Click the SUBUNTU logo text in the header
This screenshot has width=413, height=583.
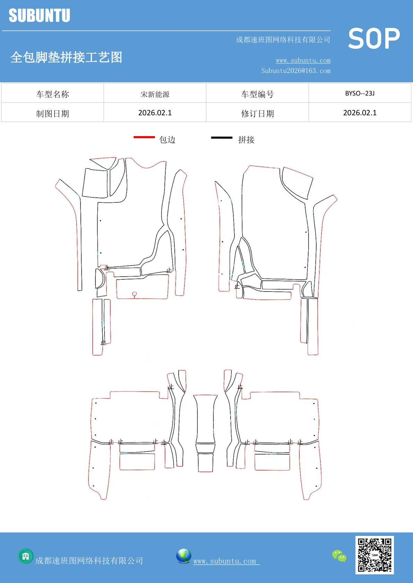pyautogui.click(x=40, y=15)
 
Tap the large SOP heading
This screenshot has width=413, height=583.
pyautogui.click(x=374, y=38)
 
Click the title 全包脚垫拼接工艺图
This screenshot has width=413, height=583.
pyautogui.click(x=66, y=57)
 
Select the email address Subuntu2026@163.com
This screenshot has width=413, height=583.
pyautogui.click(x=296, y=71)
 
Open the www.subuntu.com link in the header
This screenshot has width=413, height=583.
pyautogui.click(x=303, y=61)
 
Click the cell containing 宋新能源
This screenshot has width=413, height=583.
pyautogui.click(x=155, y=93)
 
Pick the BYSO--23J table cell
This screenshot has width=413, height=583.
pyautogui.click(x=360, y=93)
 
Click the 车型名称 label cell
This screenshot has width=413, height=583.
pyautogui.click(x=52, y=93)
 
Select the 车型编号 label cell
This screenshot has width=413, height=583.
pyautogui.click(x=257, y=93)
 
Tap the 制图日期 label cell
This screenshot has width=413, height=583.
pyautogui.click(x=52, y=113)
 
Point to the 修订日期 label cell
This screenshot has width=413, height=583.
pyautogui.click(x=257, y=113)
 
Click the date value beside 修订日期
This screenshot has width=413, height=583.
pyautogui.click(x=360, y=113)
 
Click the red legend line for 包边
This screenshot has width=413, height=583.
pyautogui.click(x=144, y=137)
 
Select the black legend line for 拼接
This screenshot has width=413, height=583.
pyautogui.click(x=222, y=137)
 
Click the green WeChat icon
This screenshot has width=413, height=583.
pyautogui.click(x=339, y=556)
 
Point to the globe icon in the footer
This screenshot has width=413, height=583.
pyautogui.click(x=183, y=556)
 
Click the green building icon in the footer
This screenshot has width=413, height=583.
pyautogui.click(x=26, y=556)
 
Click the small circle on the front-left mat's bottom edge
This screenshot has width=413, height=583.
pyautogui.click(x=135, y=294)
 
